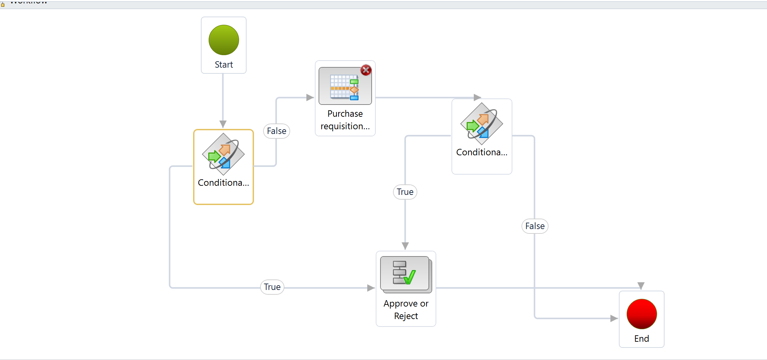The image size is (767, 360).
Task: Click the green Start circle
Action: point(224,40)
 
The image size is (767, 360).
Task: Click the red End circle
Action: point(642,314)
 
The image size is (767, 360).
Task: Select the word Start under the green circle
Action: point(224,65)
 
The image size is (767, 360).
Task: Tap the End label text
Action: point(642,339)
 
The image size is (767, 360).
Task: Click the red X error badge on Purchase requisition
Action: point(366,70)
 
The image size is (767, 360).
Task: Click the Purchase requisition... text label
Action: point(345,120)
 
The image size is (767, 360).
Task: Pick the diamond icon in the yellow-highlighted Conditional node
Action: point(223,154)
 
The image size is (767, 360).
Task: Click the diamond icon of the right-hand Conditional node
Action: point(482,124)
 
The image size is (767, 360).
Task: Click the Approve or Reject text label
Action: point(406,310)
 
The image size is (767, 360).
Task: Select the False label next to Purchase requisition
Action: point(277,131)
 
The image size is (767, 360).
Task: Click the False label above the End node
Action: point(535,226)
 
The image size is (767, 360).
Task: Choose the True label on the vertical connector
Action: point(405,192)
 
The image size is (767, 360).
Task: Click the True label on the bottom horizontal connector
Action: point(272,287)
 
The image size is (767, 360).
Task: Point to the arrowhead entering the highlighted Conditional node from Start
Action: point(223,124)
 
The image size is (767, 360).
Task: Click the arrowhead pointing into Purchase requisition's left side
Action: point(310,97)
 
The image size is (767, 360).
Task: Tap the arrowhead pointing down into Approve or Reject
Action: point(405,246)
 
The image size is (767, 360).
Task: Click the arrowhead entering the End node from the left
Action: point(614,318)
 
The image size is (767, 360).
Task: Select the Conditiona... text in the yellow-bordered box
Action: point(223,183)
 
